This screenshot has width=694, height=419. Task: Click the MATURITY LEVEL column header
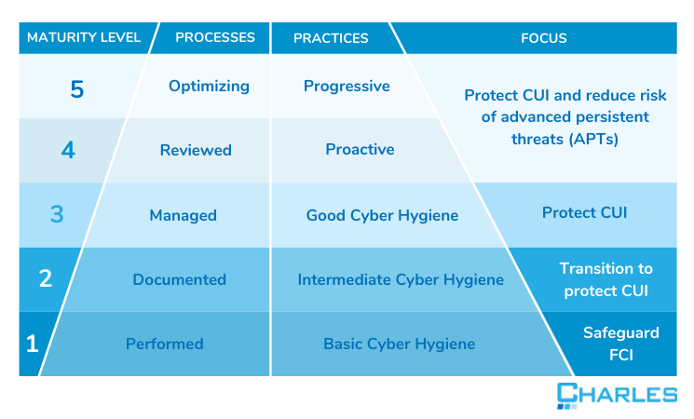point(84,37)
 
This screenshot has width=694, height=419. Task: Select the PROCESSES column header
point(215,37)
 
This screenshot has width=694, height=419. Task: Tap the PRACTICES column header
point(331,38)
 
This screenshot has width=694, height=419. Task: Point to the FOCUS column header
point(544,38)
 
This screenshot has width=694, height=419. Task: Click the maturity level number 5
point(77,89)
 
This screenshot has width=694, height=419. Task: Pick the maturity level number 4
point(68,150)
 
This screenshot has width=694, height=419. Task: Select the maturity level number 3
point(57,214)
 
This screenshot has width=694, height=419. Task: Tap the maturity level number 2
point(45,279)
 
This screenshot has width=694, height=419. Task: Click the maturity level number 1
point(33,344)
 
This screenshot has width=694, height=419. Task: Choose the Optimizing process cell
point(209,86)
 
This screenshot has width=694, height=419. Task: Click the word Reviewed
point(196,150)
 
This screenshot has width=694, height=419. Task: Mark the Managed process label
point(183,215)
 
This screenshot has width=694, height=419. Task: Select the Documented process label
point(179,279)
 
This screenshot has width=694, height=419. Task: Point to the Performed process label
point(164,344)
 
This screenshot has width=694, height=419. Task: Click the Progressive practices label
point(347,86)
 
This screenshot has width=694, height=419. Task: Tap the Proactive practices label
point(360,149)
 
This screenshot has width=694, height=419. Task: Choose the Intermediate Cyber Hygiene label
point(401,279)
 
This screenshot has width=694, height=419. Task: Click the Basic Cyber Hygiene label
point(399,344)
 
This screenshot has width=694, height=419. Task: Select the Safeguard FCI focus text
point(620,342)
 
